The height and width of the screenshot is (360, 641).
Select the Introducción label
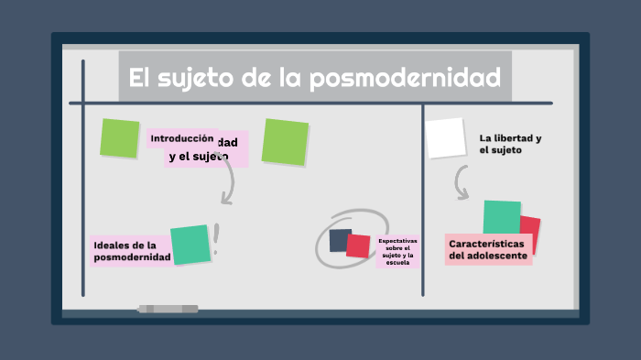click(181, 138)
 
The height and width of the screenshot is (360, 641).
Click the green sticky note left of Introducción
click(119, 137)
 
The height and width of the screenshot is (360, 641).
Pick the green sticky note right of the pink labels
click(285, 142)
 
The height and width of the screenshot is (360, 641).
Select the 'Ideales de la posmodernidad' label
click(131, 251)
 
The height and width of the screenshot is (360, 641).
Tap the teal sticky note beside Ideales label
click(190, 245)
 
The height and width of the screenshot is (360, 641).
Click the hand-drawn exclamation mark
click(216, 240)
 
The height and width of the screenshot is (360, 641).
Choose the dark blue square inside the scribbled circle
click(340, 240)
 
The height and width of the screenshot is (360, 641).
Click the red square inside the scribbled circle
click(358, 245)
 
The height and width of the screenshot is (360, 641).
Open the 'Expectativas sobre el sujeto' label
click(397, 251)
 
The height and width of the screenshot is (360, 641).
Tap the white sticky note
click(446, 138)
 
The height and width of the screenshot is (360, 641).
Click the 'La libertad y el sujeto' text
click(510, 144)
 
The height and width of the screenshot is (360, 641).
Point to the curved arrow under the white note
click(462, 187)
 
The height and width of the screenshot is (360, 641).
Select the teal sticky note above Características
click(501, 218)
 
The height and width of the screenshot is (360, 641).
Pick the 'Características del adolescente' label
click(488, 250)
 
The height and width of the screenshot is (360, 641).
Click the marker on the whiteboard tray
click(168, 309)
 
